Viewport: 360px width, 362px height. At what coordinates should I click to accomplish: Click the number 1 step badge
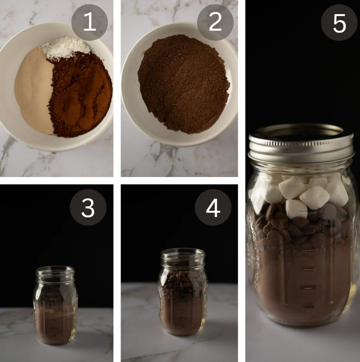tap(90, 22)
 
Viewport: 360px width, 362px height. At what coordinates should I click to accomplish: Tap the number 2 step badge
tap(216, 22)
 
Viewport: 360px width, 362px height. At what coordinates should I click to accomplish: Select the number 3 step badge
tap(88, 207)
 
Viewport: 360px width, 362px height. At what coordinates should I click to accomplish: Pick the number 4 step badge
tap(213, 207)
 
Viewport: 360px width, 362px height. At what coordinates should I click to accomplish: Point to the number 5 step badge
tap(339, 22)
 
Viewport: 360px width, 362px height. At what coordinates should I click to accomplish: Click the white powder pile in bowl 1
tap(66, 47)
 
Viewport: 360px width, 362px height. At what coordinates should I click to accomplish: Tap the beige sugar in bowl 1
tap(35, 90)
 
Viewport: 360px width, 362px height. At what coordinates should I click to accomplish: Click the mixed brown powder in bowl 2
tap(184, 84)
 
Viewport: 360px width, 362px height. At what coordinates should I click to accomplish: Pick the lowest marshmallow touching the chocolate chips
tap(296, 209)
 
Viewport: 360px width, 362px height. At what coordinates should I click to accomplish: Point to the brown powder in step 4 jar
tap(182, 316)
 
